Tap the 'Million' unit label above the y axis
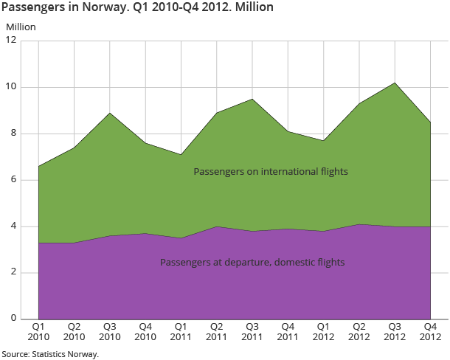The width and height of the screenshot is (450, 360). point(21,27)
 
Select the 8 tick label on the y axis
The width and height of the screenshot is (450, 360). point(13,134)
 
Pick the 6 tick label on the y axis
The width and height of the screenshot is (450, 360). point(13,180)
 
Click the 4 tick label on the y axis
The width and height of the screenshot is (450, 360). point(13,226)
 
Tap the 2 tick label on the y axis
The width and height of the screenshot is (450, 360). point(13,273)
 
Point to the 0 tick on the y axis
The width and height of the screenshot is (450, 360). point(13,319)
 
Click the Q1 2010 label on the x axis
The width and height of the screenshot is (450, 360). point(38,331)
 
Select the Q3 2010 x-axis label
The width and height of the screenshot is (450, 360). point(110,331)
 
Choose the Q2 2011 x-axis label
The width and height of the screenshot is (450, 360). point(216,331)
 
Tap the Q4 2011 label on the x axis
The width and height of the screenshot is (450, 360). point(288,331)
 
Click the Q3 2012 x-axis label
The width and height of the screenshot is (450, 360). point(394,331)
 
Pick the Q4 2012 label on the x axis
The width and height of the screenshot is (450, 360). point(429,331)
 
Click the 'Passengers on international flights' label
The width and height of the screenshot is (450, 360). point(270,171)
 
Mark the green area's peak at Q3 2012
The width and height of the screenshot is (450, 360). point(394,83)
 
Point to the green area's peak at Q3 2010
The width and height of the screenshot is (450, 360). point(110,113)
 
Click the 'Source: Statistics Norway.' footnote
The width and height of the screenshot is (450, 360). point(50,354)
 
